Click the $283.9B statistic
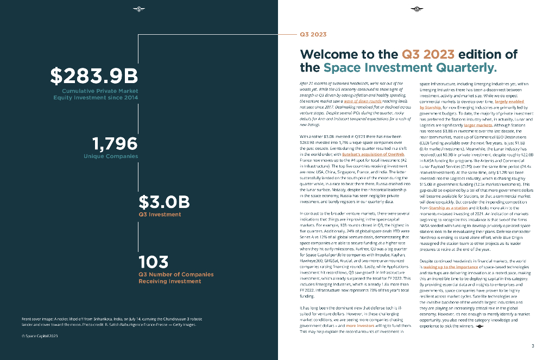94,75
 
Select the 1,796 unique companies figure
115,143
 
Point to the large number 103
154,262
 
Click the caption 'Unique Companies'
111,156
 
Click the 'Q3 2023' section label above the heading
313,34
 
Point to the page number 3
533,346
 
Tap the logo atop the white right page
417,9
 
